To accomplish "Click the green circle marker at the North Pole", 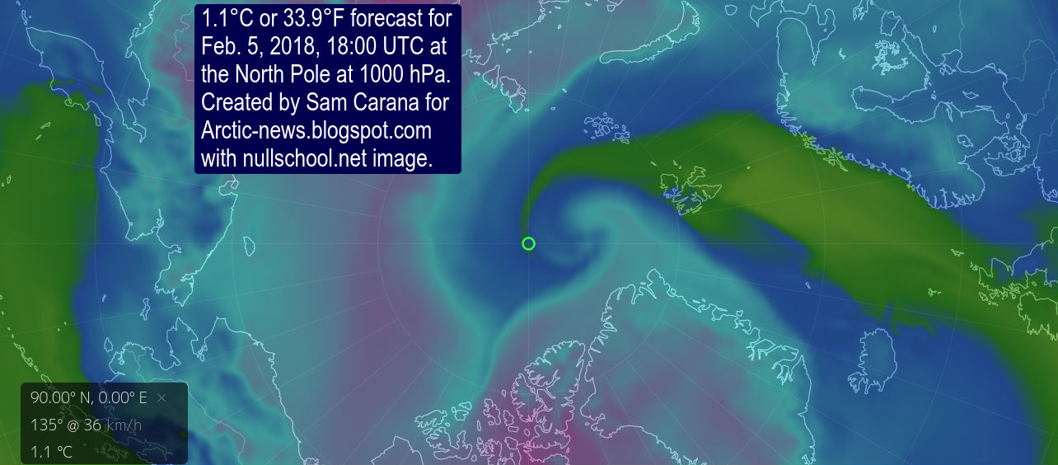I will [x=529, y=243].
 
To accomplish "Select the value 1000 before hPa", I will [x=386, y=74].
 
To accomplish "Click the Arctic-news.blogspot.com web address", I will [x=316, y=131].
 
